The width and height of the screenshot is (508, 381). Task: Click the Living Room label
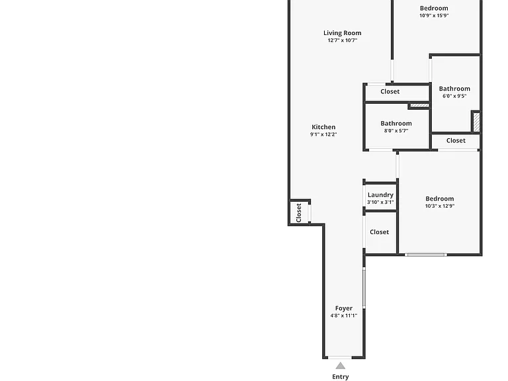coord(342,32)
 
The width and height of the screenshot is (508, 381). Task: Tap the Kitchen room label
coord(323,127)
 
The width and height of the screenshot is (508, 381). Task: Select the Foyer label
coord(344,308)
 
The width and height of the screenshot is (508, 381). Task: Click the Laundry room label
coord(380,195)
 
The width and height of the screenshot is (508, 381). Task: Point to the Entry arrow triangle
coord(340,366)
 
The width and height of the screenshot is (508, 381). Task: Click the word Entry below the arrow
coord(341,377)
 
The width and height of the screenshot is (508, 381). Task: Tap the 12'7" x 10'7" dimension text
coord(343,40)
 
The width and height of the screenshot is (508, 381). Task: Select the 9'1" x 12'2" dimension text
coord(323,134)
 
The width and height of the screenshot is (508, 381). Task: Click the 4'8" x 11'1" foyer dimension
coord(344,316)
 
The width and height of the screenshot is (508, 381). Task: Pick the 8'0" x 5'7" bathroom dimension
coord(396,131)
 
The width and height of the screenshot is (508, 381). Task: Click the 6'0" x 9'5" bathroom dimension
coord(454,96)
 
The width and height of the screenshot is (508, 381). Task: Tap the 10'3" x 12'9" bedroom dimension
coord(440,206)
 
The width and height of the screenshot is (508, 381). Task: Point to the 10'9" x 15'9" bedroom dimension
coord(434,16)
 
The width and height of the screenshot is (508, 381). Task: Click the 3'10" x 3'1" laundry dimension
coord(380,202)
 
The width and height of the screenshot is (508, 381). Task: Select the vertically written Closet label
coord(299,213)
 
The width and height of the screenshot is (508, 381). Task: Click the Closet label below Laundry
coord(380,232)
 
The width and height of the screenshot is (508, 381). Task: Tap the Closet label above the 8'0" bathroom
coord(390,91)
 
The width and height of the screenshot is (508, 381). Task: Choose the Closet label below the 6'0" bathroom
coord(456,141)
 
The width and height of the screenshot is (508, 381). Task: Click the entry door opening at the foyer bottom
coord(340,357)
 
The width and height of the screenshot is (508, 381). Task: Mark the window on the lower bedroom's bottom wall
coord(426,255)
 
